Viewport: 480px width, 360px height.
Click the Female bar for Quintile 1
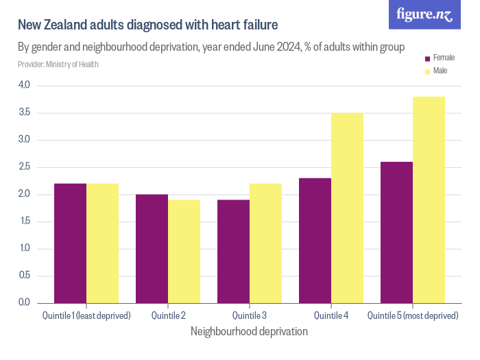point(71,243)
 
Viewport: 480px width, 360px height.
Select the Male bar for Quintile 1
point(103,243)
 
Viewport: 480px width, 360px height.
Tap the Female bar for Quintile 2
point(152,248)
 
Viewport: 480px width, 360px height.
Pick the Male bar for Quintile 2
point(184,251)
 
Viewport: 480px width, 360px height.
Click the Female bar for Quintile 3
point(233,251)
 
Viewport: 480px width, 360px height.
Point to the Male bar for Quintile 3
point(265,243)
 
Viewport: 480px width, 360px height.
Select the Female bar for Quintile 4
point(315,240)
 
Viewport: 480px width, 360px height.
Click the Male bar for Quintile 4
point(347,208)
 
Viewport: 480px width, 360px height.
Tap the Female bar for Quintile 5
point(396,232)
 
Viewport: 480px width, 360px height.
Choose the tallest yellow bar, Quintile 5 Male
point(429,200)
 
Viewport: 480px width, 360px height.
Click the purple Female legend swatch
point(428,59)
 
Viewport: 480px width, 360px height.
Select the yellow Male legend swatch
point(428,71)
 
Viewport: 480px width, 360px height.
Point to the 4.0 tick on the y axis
point(24,85)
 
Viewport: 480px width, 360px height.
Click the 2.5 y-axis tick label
point(24,167)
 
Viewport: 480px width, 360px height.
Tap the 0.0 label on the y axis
point(24,302)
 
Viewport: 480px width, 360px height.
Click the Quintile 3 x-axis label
point(249,315)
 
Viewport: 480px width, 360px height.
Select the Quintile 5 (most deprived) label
point(413,315)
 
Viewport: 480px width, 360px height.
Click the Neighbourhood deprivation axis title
point(249,332)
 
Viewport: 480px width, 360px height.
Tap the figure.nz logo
point(424,14)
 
